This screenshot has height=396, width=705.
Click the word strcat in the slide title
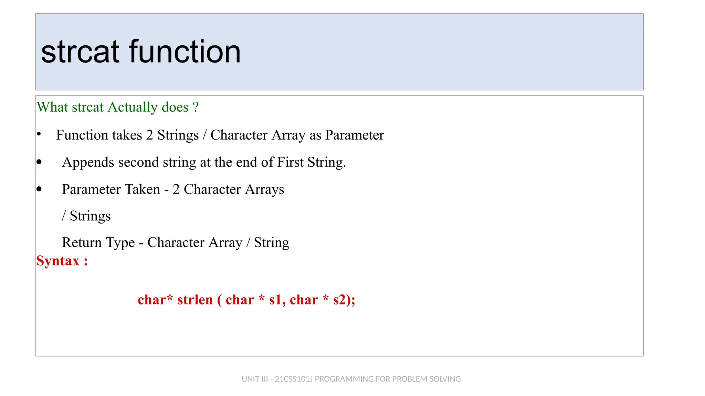(x=80, y=52)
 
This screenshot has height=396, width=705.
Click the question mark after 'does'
(x=196, y=107)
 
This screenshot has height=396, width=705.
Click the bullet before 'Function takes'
(x=39, y=134)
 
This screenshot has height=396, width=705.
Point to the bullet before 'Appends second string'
(x=39, y=162)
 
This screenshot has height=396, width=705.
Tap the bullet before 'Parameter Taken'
(x=39, y=189)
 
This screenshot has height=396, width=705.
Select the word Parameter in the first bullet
(x=355, y=135)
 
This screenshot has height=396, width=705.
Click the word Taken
(x=143, y=189)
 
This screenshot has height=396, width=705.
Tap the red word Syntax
(x=58, y=261)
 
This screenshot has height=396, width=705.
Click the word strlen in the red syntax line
(x=195, y=300)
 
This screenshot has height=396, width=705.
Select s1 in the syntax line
(x=276, y=300)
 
